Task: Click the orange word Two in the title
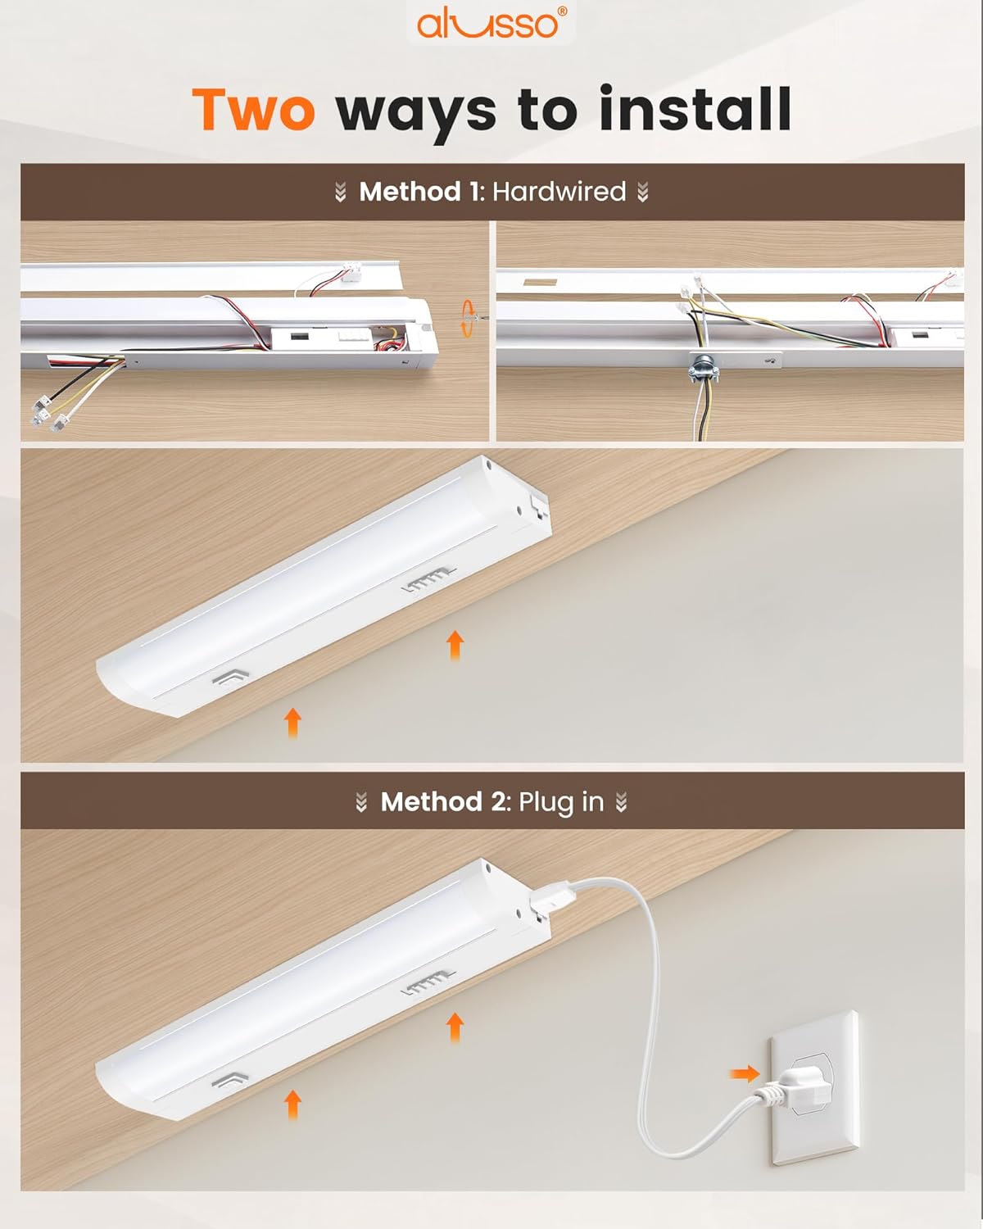coord(253,110)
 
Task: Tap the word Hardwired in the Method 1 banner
coord(559,192)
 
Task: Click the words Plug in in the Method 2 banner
coord(561,801)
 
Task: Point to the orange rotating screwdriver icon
coord(468,318)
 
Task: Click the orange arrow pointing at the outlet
coord(744,1073)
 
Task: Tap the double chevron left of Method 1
coord(341,193)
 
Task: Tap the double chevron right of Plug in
coord(622,802)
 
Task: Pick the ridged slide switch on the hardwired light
coord(428,581)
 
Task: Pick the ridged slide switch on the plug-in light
coord(428,984)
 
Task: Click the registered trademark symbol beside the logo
coord(561,11)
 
